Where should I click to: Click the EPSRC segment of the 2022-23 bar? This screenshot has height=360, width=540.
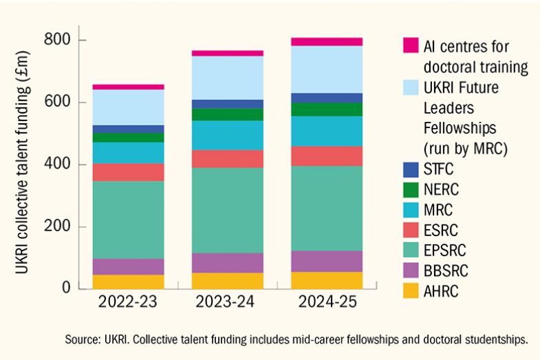click(x=128, y=220)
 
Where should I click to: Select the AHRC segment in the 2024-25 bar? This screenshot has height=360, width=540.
click(x=316, y=280)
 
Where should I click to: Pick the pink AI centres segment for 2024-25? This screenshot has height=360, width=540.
click(x=316, y=42)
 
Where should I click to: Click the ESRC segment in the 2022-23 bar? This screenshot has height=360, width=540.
click(x=128, y=172)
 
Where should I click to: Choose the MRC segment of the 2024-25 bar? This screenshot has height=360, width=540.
click(x=316, y=131)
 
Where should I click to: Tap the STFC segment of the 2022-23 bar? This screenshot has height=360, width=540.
click(x=128, y=129)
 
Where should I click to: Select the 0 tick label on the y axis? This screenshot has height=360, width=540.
click(x=67, y=288)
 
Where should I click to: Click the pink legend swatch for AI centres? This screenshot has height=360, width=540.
click(x=411, y=46)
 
